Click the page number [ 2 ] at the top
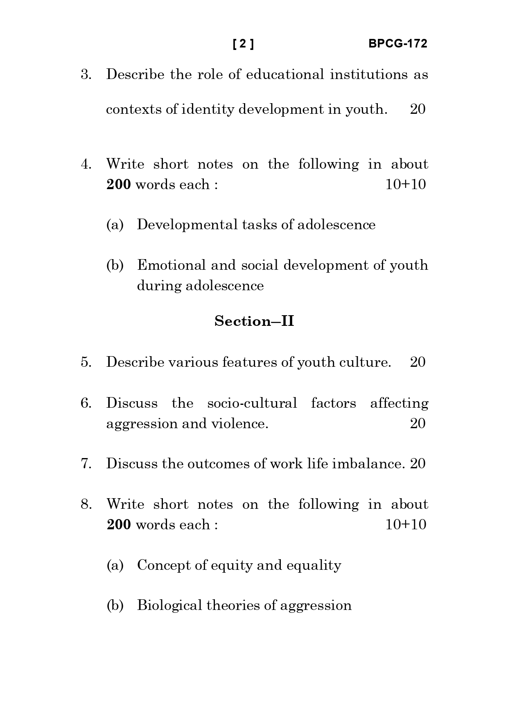coord(243,44)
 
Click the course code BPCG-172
coord(397,44)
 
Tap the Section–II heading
coord(254,321)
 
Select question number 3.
coord(86,75)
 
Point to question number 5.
coord(86,362)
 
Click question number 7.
coord(86,463)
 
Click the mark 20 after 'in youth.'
coord(418,109)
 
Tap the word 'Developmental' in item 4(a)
coord(187,225)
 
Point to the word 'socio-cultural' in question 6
coord(252,403)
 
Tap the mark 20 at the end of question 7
coord(418,463)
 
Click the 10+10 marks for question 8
coord(406,524)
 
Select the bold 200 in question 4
coord(119,185)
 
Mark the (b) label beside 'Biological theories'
coord(115,605)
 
